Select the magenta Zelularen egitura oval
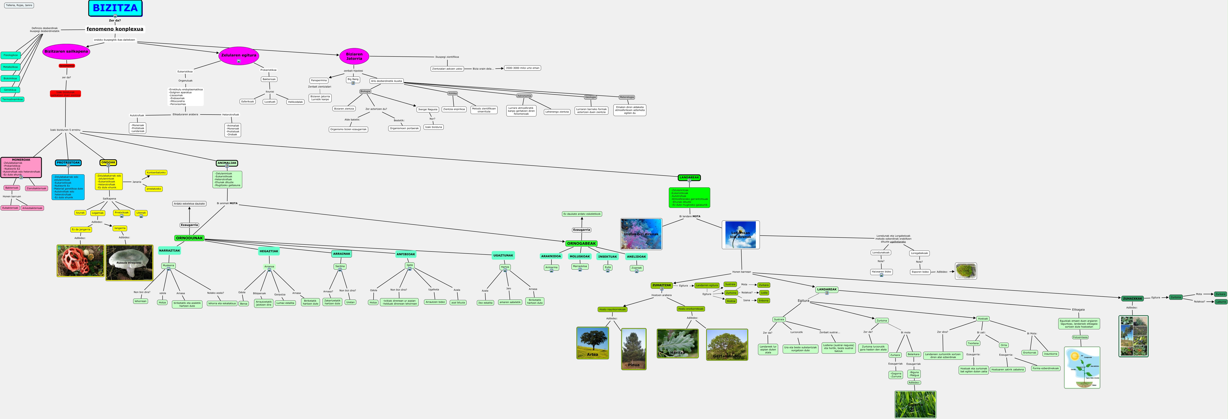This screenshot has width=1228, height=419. click(x=238, y=55)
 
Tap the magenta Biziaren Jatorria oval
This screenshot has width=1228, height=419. click(x=354, y=56)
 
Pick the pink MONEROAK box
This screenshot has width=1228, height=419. click(x=21, y=167)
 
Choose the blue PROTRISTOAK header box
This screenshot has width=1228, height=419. click(x=68, y=163)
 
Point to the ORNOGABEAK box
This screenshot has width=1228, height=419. click(x=581, y=243)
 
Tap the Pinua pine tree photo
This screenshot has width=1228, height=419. click(x=633, y=349)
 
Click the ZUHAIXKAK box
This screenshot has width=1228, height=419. click(x=1132, y=298)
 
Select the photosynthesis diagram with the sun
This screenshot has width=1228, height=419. click(x=1082, y=368)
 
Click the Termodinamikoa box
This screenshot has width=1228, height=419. click(x=12, y=99)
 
